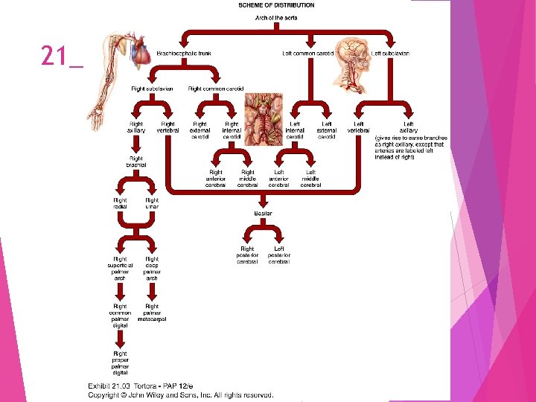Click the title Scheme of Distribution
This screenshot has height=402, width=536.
276,5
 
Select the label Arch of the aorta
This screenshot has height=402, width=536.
276,16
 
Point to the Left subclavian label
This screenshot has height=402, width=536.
390,54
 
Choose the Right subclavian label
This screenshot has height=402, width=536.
152,89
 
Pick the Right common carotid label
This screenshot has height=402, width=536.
216,89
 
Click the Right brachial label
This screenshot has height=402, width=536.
136,162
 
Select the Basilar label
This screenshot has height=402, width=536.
264,214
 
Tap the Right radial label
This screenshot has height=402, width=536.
120,203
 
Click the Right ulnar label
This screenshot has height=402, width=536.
152,203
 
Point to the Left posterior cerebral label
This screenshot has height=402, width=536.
279,255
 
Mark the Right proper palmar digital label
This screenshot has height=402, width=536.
120,365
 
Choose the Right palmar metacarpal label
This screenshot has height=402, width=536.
152,313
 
